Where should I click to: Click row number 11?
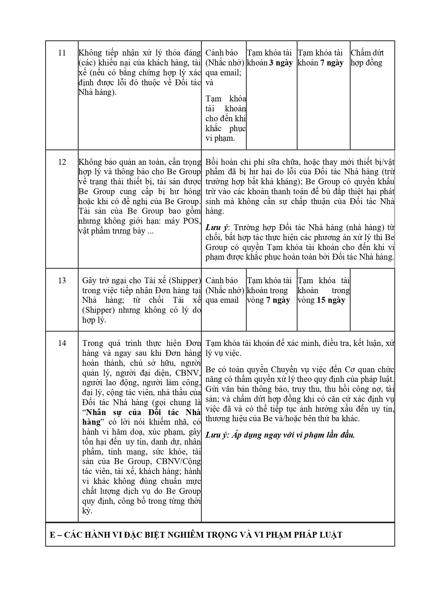62,53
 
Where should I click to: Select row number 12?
62,162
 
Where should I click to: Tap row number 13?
62,280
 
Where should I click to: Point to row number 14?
62,343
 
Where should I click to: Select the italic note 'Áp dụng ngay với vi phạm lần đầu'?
293,435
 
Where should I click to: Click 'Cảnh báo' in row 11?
222,53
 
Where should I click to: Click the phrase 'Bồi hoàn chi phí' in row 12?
233,162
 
